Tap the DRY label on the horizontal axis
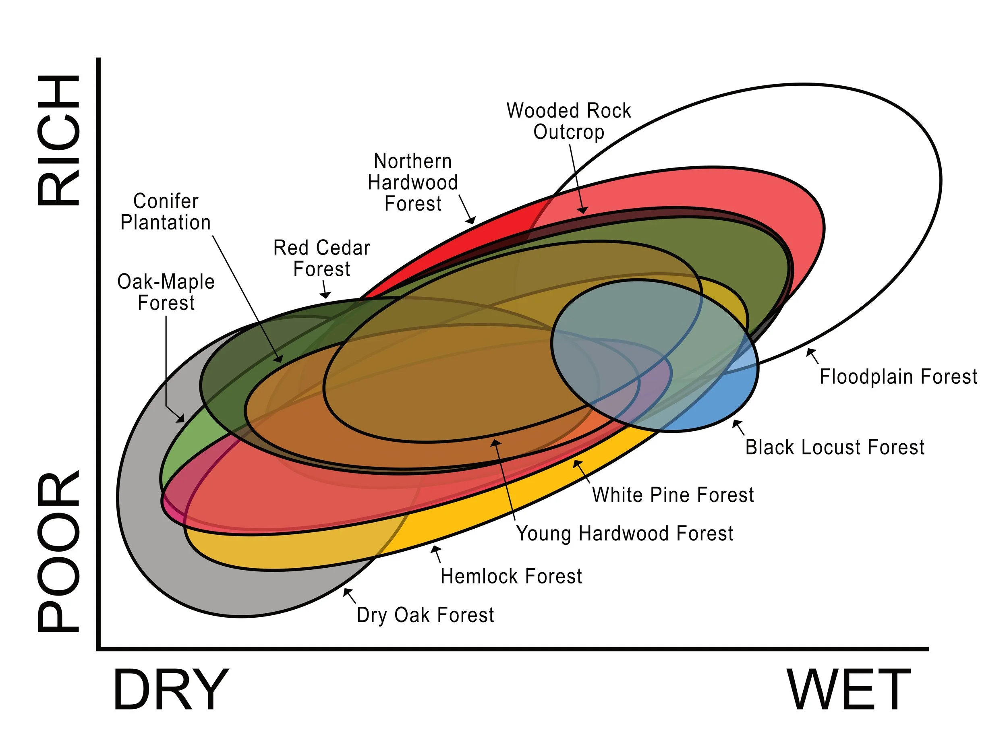point(171,690)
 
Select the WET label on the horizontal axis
point(849,690)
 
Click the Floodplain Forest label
point(898,377)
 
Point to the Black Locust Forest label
point(835,447)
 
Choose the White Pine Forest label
point(673,495)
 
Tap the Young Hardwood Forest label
point(625,534)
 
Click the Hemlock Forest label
point(511,577)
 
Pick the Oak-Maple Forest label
point(166,292)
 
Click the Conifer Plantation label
point(166,212)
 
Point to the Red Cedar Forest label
point(321,259)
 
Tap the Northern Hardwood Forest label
point(413,182)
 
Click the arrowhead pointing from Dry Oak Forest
point(346,591)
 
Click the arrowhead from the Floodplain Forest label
point(809,352)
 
